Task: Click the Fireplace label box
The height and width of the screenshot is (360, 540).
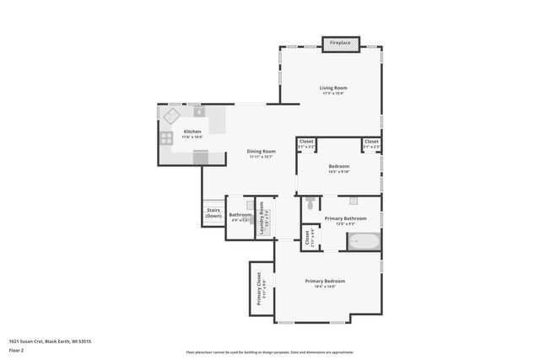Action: (341, 41)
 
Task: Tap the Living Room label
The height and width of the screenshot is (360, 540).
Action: (333, 88)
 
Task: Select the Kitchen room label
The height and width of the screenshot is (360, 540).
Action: (192, 132)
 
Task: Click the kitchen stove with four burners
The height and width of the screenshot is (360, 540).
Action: (167, 137)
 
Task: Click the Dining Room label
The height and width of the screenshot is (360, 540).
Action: (262, 151)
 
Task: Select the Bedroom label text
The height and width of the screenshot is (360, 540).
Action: (338, 166)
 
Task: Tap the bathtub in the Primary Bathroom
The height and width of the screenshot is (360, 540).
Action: (364, 241)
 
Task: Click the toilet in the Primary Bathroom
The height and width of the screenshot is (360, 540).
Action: (311, 203)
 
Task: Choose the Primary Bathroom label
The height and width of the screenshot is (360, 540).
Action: (351, 218)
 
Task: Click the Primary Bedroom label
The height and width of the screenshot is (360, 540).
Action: (325, 281)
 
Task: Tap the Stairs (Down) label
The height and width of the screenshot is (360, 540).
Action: (213, 214)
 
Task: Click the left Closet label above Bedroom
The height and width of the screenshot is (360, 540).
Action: (306, 141)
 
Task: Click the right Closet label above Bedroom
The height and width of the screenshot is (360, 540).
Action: (371, 141)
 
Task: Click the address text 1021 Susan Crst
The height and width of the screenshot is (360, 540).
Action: (27, 341)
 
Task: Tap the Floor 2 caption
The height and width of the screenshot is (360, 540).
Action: (16, 349)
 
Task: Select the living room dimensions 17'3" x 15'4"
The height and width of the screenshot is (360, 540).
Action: (333, 93)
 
